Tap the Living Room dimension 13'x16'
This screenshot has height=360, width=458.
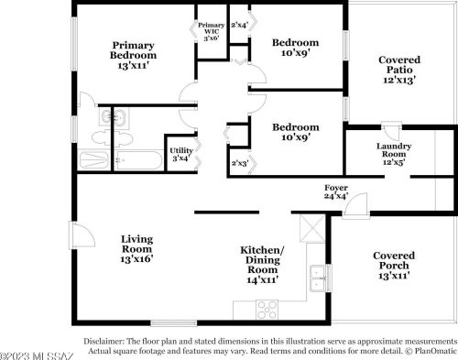click(x=136, y=259)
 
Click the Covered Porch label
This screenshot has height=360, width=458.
click(x=394, y=265)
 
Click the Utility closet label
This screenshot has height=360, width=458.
click(x=180, y=155)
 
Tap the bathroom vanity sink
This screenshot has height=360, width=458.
click(x=114, y=117)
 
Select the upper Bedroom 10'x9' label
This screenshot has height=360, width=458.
click(x=296, y=48)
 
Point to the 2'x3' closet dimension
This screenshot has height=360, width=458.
click(x=240, y=163)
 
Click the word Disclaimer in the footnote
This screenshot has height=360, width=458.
click(x=109, y=340)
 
